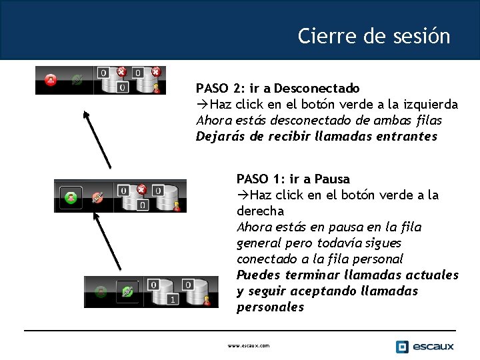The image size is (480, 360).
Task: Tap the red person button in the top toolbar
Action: coord(51,81)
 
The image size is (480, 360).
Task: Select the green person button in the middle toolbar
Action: coord(70,197)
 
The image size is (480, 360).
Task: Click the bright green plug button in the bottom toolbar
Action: coord(127,291)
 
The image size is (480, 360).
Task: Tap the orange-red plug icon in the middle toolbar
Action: coord(97,197)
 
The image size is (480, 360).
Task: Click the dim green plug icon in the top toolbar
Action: coord(77,81)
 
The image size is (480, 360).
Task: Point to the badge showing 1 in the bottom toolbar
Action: coord(171,300)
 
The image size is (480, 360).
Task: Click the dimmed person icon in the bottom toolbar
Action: coord(101,291)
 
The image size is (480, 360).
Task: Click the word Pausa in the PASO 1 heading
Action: coord(331,179)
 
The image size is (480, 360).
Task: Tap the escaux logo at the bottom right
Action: coord(425,346)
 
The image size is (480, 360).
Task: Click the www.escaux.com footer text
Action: coord(249,346)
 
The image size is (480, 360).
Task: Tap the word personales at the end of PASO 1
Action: coord(270,307)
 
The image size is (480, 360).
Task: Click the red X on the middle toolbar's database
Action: coord(141,189)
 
